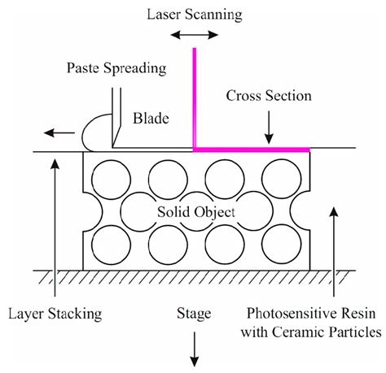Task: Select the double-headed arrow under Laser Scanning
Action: tap(193, 37)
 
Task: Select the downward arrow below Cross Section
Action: tap(270, 125)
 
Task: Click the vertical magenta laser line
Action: tap(194, 98)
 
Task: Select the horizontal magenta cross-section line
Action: tap(252, 150)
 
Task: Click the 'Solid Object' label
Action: tap(195, 212)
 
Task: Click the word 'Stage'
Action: tap(195, 311)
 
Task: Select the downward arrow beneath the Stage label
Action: tap(195, 343)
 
